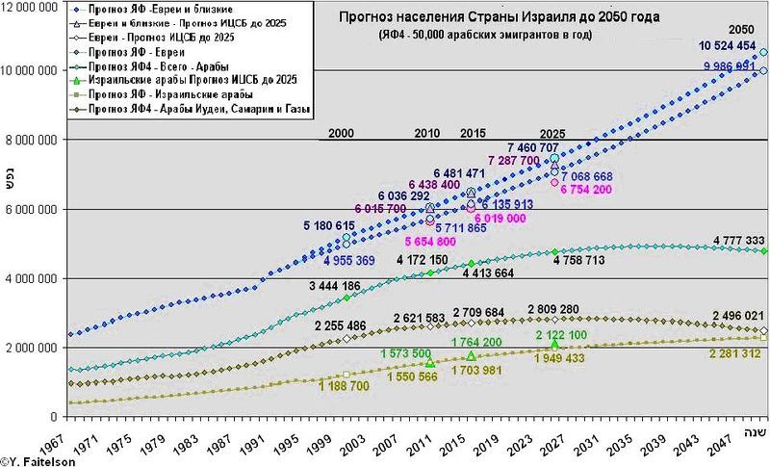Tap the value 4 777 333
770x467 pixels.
pos(739,240)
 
